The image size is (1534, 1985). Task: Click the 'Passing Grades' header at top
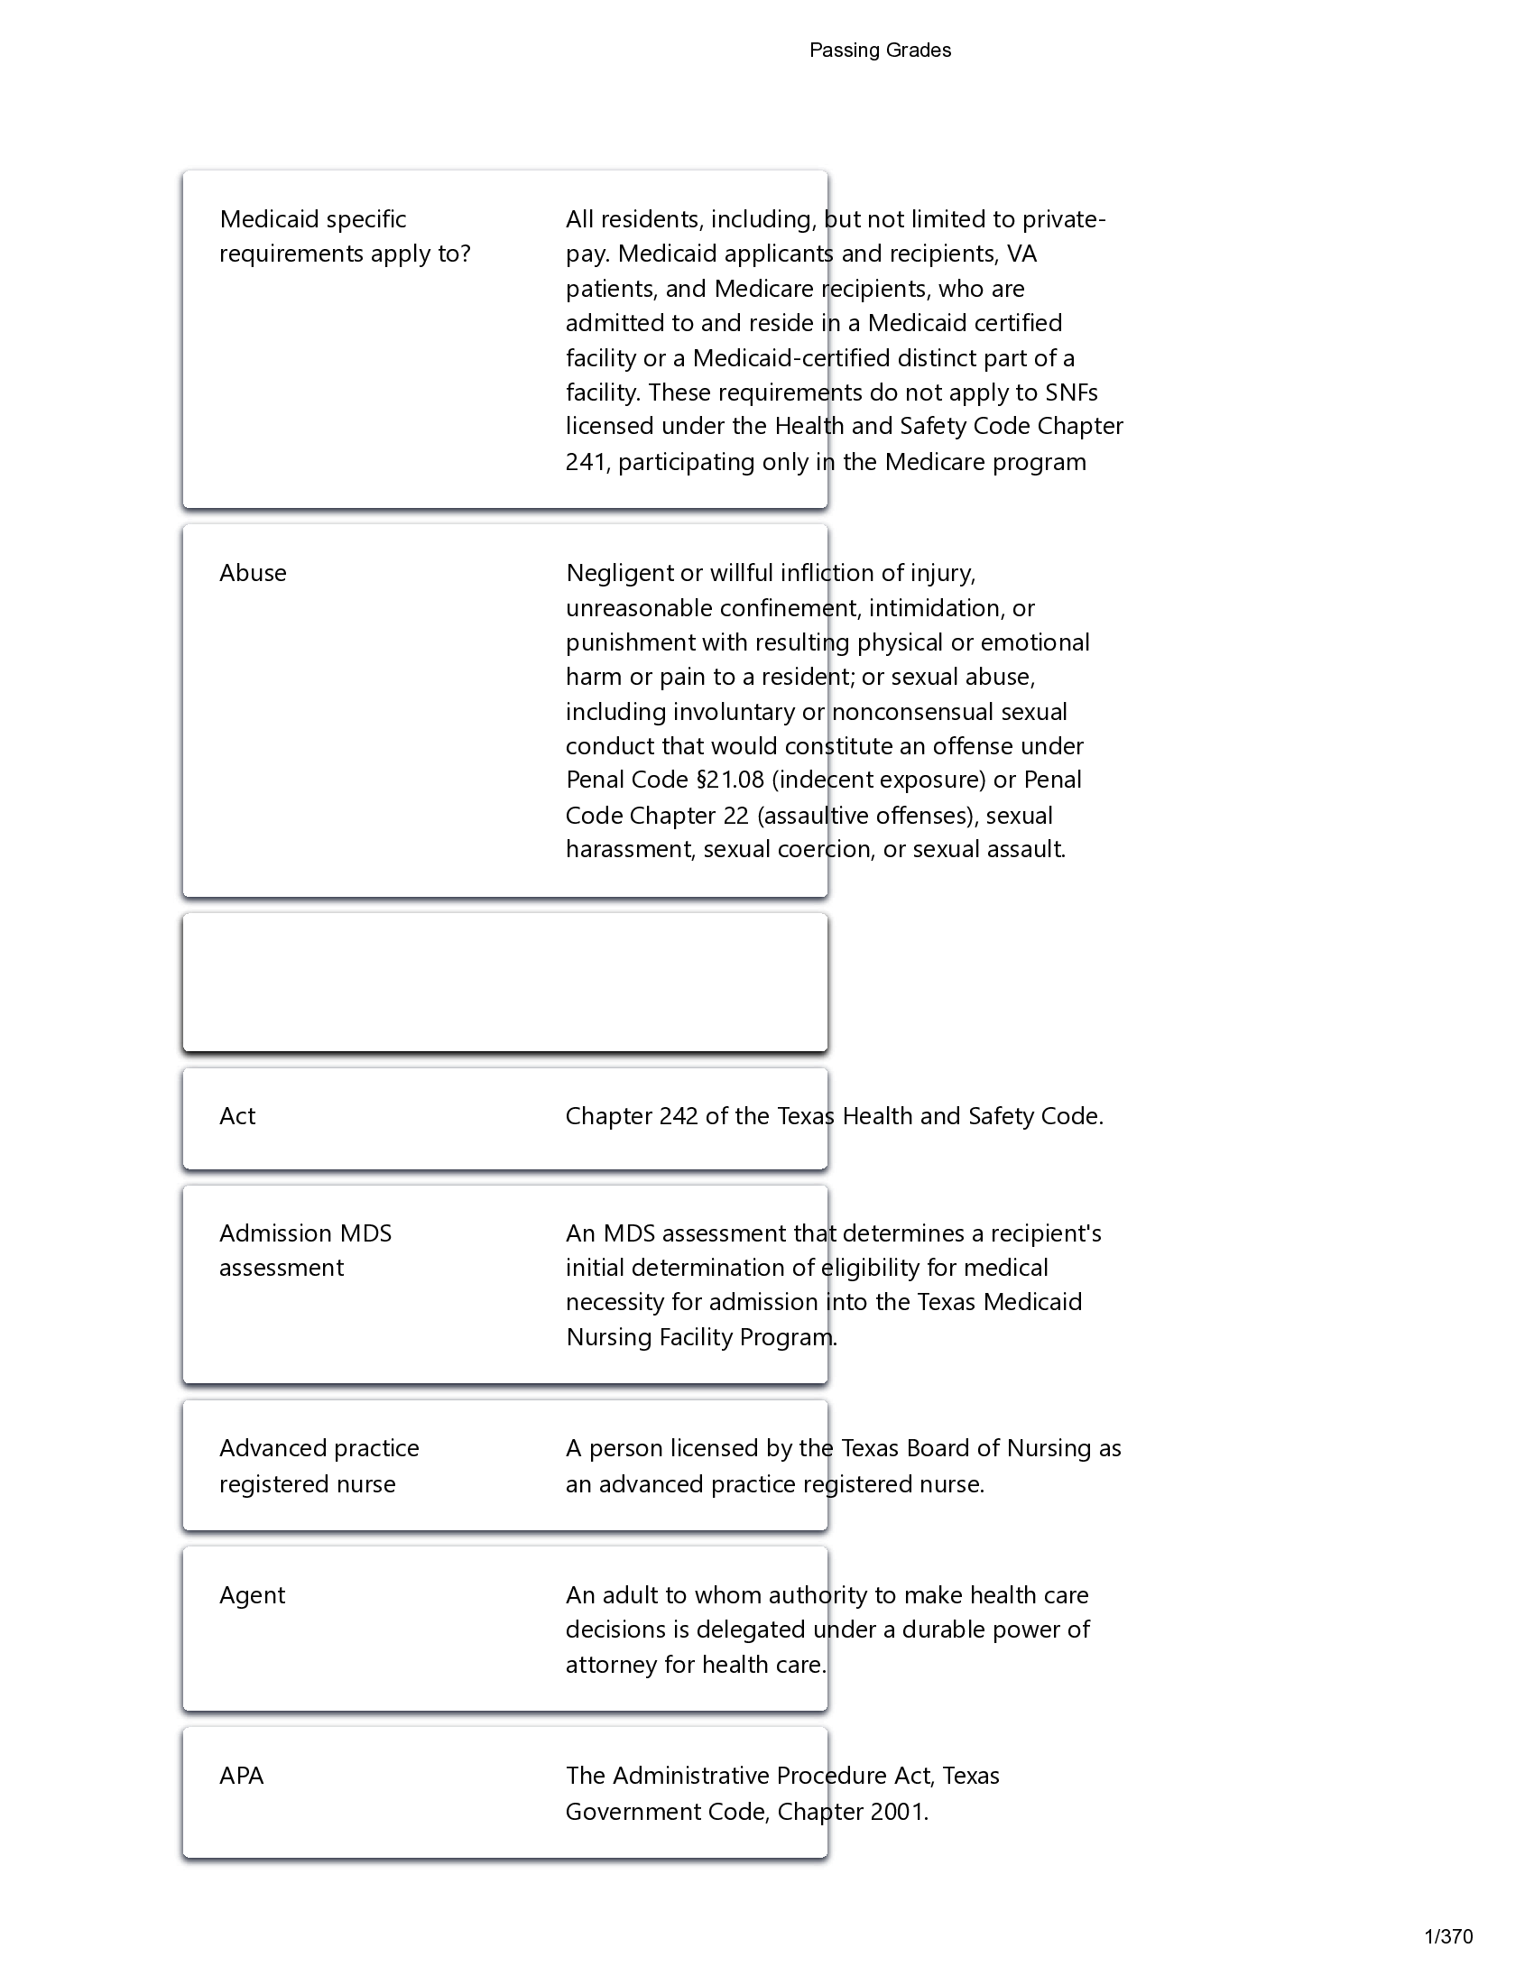pyautogui.click(x=879, y=51)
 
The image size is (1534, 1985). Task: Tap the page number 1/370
pyautogui.click(x=1447, y=1936)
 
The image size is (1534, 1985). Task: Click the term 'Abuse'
pyautogui.click(x=253, y=574)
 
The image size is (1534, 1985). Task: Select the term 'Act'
pyautogui.click(x=237, y=1116)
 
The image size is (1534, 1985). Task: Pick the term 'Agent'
pyautogui.click(x=252, y=1595)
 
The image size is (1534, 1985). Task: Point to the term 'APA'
pyautogui.click(x=241, y=1776)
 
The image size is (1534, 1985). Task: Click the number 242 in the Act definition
pyautogui.click(x=679, y=1116)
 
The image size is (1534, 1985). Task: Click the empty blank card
pyautogui.click(x=504, y=982)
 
